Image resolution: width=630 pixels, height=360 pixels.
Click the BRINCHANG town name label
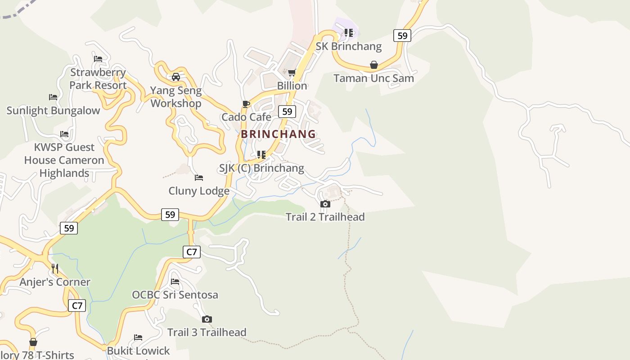click(278, 134)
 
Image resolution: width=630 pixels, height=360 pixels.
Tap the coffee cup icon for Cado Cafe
click(246, 104)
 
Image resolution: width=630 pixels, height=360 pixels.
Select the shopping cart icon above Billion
click(292, 73)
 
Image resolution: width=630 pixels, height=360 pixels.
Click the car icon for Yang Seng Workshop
click(176, 76)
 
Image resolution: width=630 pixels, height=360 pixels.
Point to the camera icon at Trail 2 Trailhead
click(325, 204)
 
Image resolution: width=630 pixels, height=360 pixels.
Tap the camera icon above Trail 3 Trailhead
click(207, 319)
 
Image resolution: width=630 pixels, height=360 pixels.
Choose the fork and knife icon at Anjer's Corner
click(55, 269)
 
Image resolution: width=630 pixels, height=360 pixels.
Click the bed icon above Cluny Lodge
click(198, 178)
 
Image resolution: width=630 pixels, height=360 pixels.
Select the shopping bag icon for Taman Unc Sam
click(373, 65)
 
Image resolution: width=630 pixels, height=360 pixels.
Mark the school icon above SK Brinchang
click(348, 33)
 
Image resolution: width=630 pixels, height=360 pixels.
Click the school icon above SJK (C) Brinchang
click(261, 155)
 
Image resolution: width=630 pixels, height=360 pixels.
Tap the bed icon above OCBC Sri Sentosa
click(175, 282)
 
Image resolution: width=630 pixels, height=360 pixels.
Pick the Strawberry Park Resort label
click(98, 79)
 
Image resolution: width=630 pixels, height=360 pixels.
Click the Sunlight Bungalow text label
click(53, 111)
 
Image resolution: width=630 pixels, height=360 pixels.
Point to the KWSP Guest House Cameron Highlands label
click(64, 160)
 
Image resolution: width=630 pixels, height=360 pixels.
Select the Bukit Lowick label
click(138, 351)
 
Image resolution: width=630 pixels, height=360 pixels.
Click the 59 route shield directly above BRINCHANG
click(287, 112)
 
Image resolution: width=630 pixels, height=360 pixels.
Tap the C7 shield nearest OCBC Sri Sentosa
click(192, 252)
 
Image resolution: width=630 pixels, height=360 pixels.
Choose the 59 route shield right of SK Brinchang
click(402, 36)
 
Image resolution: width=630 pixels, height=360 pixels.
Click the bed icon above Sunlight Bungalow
click(53, 97)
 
